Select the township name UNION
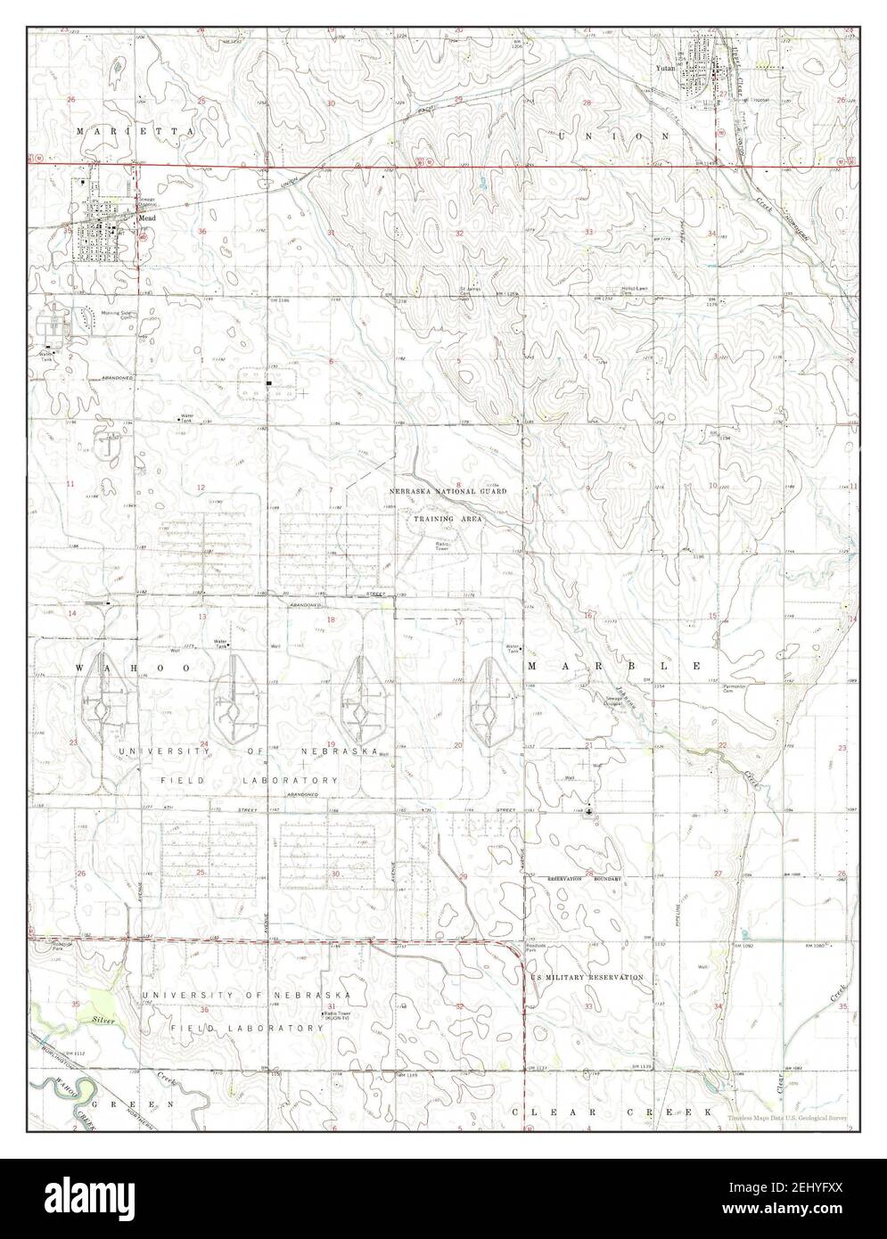click(613, 135)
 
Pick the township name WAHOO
click(115, 667)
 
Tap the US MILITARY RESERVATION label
click(587, 977)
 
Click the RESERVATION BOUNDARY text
click(583, 879)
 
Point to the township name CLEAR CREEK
click(613, 1112)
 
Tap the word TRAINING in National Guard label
click(432, 518)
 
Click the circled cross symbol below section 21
click(588, 812)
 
